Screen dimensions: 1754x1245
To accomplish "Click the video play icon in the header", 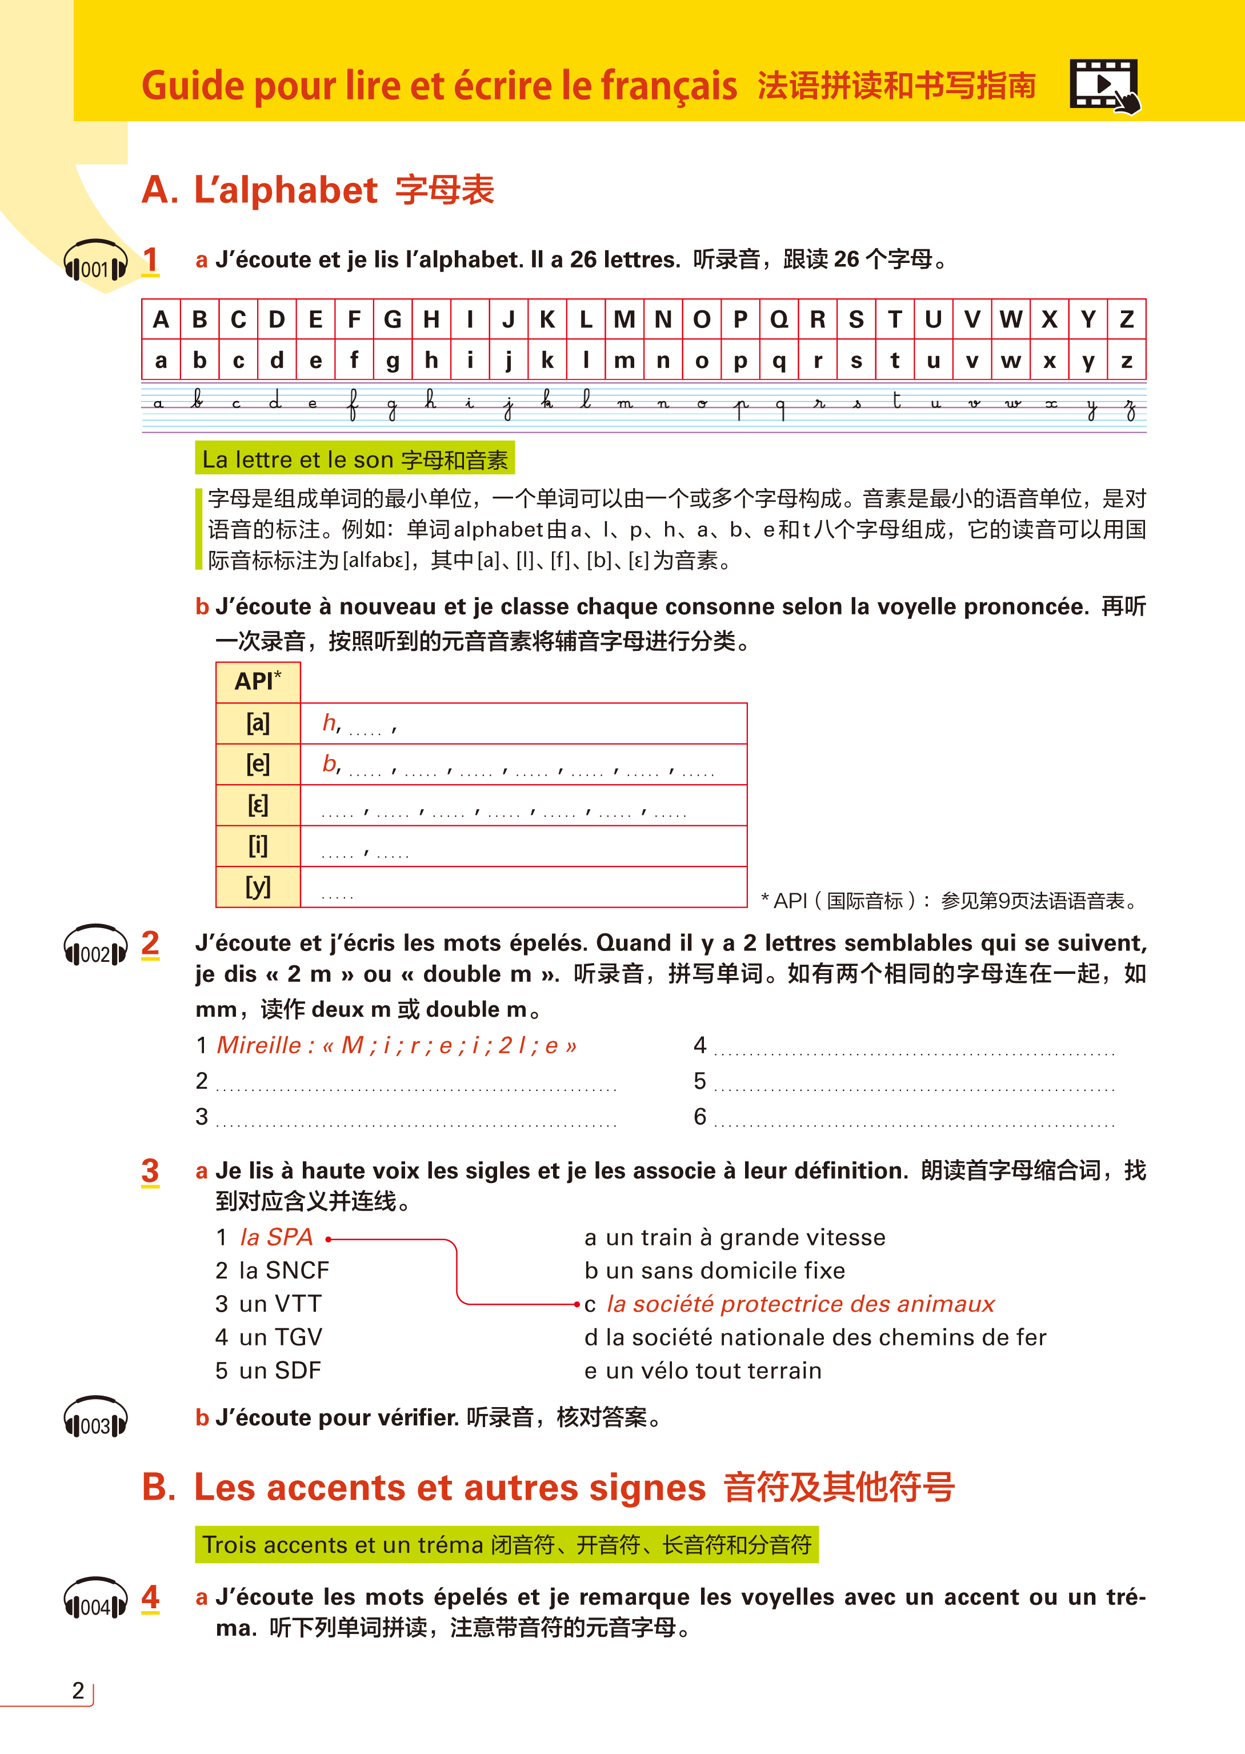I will (x=1104, y=85).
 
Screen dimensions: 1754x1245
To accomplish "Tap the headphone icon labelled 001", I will (x=95, y=262).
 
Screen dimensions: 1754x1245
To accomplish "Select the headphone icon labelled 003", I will (x=95, y=1418).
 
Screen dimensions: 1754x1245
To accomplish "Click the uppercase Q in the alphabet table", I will (x=779, y=319).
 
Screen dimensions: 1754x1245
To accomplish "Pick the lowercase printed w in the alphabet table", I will (x=1010, y=360).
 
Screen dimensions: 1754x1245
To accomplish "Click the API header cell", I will (x=258, y=681).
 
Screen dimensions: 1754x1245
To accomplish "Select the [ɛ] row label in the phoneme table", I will (x=258, y=805).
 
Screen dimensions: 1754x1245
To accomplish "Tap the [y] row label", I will (x=258, y=887).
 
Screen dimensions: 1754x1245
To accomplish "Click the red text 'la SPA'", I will (x=276, y=1237).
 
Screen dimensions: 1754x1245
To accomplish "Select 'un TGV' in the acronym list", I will (x=280, y=1337).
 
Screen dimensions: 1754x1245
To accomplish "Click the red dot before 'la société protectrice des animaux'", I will (x=577, y=1304).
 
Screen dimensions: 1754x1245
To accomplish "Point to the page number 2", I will (x=78, y=1691).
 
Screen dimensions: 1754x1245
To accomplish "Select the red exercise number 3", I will (x=150, y=1170).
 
